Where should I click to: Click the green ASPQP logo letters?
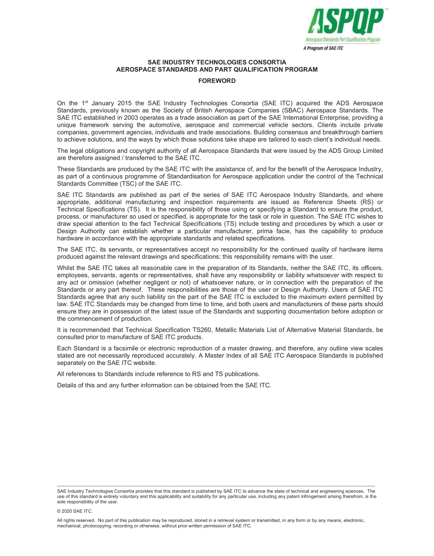344,21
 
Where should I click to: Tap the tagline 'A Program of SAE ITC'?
323,48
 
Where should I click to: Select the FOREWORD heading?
217,81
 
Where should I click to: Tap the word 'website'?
143,363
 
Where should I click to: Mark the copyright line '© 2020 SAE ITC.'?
74,511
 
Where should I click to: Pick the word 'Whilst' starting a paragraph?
66,268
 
